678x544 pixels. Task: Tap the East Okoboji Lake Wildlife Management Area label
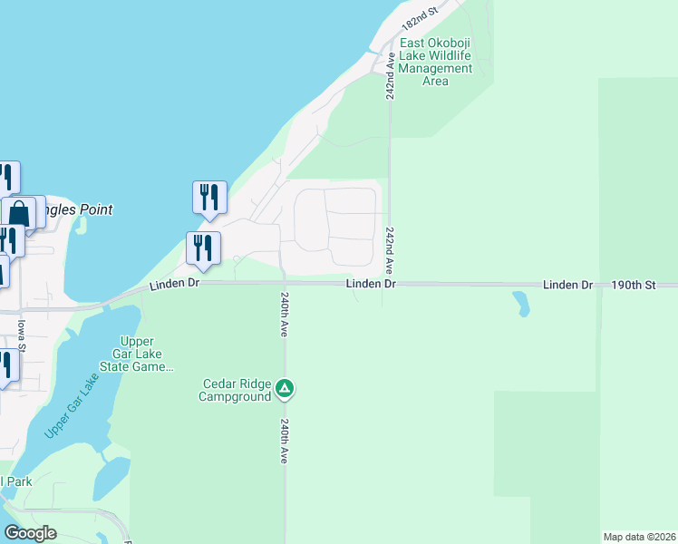point(436,62)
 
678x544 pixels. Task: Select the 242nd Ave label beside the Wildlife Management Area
point(391,75)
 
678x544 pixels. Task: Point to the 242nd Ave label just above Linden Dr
point(389,250)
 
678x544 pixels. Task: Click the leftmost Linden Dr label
point(173,285)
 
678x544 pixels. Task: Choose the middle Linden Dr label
point(371,285)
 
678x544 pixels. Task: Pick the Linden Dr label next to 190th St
point(567,285)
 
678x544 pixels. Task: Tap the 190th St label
point(633,285)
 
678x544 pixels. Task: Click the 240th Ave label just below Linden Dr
point(285,315)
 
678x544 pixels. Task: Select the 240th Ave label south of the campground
point(285,441)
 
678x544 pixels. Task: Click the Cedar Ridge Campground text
point(237,389)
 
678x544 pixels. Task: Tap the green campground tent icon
point(285,389)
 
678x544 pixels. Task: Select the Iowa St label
point(20,333)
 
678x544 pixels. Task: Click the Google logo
point(30,533)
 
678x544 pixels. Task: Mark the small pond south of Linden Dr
point(521,303)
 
